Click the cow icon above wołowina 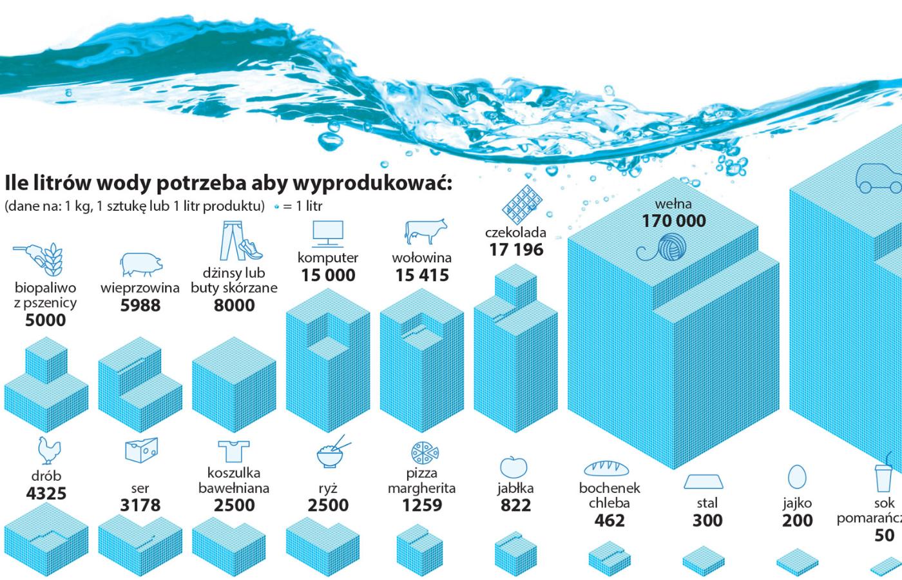[x=424, y=231]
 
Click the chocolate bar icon [x=519, y=204]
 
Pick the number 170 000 [x=673, y=221]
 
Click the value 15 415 [x=422, y=276]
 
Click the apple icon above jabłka [x=513, y=466]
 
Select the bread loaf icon [x=609, y=468]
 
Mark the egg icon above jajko [x=797, y=476]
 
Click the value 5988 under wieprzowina [x=140, y=305]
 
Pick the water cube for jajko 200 [x=797, y=563]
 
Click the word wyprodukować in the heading [x=372, y=183]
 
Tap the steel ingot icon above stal [x=704, y=481]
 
